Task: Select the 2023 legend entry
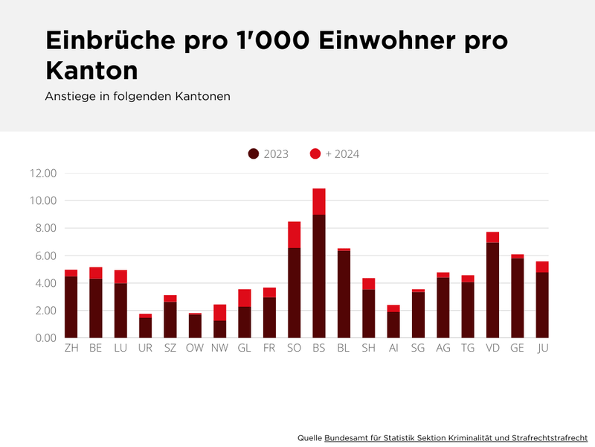tap(268, 154)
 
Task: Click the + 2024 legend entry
tap(335, 154)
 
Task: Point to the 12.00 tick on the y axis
tap(42, 173)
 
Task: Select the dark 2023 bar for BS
tap(319, 276)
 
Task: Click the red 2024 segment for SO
tap(294, 235)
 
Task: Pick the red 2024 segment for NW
tap(220, 312)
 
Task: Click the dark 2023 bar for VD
tap(492, 290)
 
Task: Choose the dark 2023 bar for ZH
tap(71, 306)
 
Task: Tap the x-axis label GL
tap(245, 349)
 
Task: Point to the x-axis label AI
tap(393, 349)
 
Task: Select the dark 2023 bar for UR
tap(145, 328)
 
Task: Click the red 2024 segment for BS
tap(319, 201)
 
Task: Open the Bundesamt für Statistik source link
tap(456, 437)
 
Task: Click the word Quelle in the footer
tap(309, 437)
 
